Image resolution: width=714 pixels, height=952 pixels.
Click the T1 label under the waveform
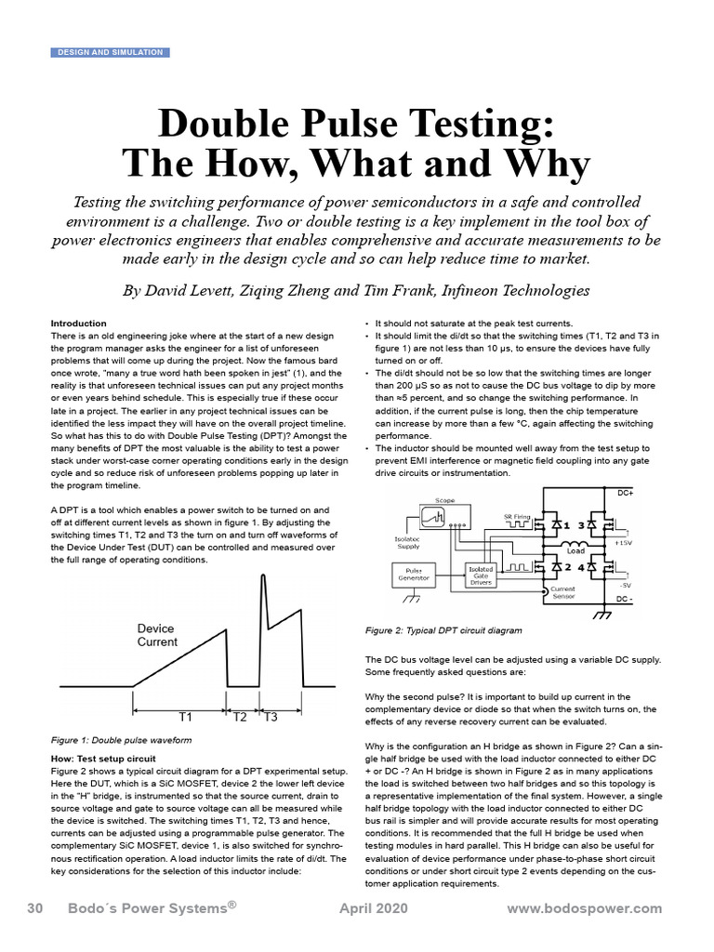(x=184, y=718)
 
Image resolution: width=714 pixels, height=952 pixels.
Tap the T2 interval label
(x=240, y=718)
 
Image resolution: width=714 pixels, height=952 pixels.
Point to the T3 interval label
(x=271, y=718)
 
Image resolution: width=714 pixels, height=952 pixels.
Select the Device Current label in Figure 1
(x=156, y=635)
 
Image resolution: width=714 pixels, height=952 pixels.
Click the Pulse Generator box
(x=415, y=573)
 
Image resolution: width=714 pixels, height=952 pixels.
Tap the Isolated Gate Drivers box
(x=481, y=573)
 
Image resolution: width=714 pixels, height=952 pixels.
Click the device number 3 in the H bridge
(x=583, y=525)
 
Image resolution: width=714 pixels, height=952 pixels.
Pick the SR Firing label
(x=517, y=515)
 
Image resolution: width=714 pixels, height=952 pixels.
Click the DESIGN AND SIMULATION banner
(x=110, y=52)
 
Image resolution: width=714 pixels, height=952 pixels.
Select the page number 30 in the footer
(x=36, y=908)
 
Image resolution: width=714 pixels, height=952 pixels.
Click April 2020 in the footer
(x=372, y=908)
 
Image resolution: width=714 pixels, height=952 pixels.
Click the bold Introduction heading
(x=79, y=324)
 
